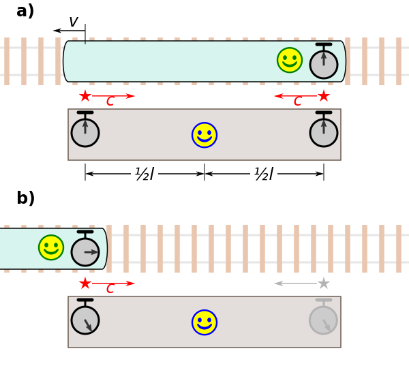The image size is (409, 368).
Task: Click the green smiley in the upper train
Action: click(290, 60)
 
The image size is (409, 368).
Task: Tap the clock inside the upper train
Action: click(324, 64)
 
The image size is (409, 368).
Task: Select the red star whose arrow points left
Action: click(324, 96)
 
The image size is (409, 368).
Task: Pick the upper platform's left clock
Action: click(85, 132)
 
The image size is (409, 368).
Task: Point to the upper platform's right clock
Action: click(324, 132)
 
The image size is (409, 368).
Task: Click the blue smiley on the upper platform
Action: click(204, 135)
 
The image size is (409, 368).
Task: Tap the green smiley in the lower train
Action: click(51, 247)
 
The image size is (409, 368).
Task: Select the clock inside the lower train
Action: click(85, 251)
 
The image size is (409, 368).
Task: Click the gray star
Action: click(324, 283)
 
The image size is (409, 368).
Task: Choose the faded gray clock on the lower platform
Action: click(323, 320)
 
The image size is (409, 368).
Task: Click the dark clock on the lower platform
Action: click(85, 320)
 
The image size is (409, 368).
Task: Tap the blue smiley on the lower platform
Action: click(204, 322)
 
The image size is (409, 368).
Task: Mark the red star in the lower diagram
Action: click(85, 283)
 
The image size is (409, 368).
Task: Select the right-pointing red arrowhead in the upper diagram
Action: click(131, 96)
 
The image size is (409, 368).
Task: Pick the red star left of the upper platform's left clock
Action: click(85, 96)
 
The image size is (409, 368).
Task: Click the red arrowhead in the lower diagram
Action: click(131, 283)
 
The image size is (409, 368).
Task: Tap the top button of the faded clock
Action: click(324, 300)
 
